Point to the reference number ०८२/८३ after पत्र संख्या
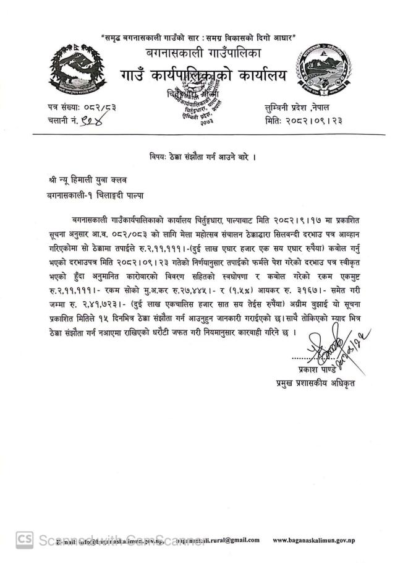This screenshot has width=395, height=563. (100, 108)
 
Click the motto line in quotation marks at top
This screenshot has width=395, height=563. (198, 37)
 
